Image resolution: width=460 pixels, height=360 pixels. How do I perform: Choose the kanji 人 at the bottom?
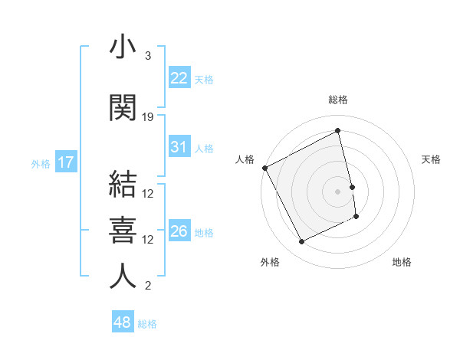pos(123,276)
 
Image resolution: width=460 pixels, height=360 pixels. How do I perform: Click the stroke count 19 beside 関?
pos(148,117)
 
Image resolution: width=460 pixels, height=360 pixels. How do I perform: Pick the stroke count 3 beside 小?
pos(148,56)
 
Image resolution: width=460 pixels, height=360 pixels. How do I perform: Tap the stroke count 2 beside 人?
pos(148,286)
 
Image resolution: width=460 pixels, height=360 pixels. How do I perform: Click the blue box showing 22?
pos(179,77)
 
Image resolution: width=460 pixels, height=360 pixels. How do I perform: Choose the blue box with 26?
pos(179,231)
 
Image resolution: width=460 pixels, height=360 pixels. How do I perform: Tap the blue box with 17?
pos(65,162)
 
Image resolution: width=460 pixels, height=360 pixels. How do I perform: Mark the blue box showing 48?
pos(123,322)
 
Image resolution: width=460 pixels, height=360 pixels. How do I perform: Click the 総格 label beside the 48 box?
pos(147,324)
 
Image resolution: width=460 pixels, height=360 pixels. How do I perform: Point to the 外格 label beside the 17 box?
pos(41,163)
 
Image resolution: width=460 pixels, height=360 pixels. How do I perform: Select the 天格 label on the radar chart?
pos(431,159)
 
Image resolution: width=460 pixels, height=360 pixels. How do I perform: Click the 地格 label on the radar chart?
pos(402,262)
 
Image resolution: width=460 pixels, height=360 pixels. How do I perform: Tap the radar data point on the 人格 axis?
pos(264,168)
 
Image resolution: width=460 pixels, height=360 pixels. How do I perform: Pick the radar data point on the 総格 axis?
pos(338,131)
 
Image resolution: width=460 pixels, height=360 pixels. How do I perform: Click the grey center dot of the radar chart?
pos(338,191)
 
